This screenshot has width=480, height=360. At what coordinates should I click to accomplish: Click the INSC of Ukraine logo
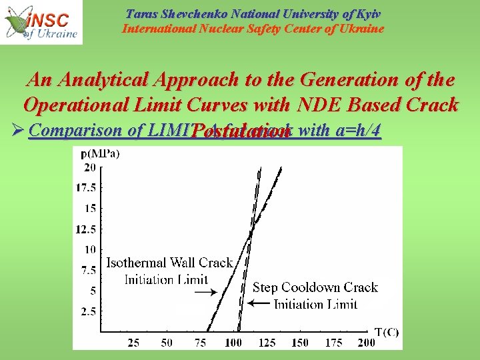pos(41,22)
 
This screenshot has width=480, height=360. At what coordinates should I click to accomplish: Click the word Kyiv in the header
pos(367,14)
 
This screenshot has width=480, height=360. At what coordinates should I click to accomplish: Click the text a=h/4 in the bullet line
pos(358,130)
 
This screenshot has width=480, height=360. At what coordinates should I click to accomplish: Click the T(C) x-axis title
pos(386,333)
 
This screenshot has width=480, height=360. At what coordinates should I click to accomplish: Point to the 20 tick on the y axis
pos(89,167)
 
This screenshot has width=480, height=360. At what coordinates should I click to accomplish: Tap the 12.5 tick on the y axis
pos(86,229)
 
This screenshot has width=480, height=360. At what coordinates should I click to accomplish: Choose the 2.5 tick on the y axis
pos(88,311)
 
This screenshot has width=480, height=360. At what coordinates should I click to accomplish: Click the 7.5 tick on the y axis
pos(88,270)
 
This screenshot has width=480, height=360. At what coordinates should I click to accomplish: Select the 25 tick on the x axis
pos(133,342)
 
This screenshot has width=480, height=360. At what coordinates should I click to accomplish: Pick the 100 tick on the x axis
pos(233,342)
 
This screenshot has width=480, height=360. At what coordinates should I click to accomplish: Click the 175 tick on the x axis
pos(333,342)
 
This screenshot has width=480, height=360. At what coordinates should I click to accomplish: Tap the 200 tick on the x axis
pos(366,342)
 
